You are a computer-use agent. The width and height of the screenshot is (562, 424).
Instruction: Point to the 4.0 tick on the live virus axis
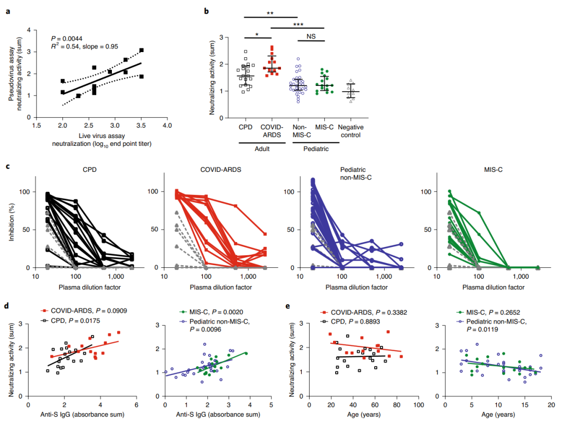click(x=167, y=126)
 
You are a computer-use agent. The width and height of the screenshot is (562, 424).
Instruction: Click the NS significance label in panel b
click(x=311, y=36)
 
